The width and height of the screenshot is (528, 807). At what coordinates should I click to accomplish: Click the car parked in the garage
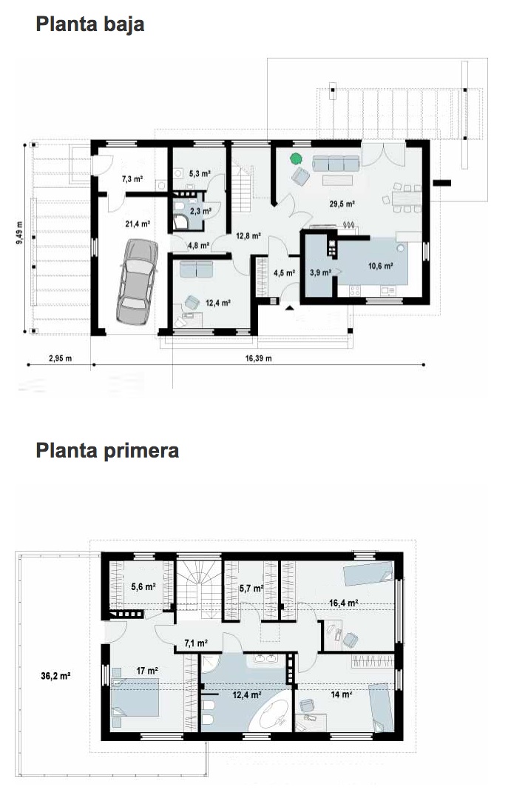(x=137, y=281)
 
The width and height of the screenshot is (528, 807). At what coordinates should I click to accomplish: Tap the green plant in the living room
(x=296, y=158)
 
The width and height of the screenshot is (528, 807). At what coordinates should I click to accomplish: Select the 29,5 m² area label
(x=342, y=204)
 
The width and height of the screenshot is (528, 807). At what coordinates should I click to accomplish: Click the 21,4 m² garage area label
(x=138, y=224)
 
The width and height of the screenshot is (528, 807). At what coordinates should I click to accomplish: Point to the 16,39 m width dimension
(x=259, y=358)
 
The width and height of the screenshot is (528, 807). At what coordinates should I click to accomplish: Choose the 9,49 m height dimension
(x=19, y=232)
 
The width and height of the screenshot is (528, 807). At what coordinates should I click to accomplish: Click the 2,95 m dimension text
(x=60, y=358)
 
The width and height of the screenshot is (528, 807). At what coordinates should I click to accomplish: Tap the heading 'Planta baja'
(x=90, y=24)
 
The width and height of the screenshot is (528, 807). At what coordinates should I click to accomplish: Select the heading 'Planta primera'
(x=107, y=450)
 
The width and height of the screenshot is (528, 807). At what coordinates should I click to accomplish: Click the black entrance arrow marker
(x=289, y=308)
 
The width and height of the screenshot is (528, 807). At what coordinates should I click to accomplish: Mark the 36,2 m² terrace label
(x=55, y=676)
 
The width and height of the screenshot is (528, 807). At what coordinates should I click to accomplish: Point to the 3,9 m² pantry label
(x=320, y=272)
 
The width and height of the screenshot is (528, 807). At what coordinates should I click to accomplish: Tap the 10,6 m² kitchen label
(x=380, y=266)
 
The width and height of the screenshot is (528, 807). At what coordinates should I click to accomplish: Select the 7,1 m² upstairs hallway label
(x=196, y=643)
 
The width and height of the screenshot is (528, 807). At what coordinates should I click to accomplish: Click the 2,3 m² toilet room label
(x=200, y=211)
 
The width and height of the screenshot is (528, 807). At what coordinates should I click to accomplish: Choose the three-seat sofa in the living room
(x=336, y=163)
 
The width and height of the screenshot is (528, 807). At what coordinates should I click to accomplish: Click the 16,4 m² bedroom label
(x=343, y=603)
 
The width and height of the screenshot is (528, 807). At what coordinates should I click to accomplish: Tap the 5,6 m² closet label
(x=143, y=586)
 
